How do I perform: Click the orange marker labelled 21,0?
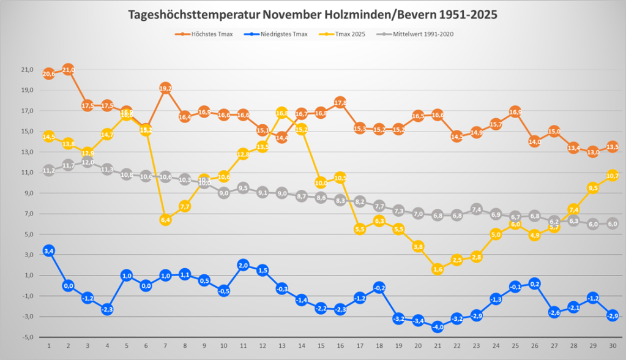(68, 70)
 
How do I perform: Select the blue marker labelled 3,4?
(49, 250)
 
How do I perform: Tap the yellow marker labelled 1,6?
(438, 269)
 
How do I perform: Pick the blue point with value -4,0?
(438, 327)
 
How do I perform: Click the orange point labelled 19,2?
(165, 88)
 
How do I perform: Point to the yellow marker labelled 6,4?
(165, 220)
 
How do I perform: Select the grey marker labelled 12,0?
(88, 162)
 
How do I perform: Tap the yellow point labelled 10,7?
(613, 176)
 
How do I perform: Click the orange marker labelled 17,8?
(340, 103)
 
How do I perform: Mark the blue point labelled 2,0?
(243, 265)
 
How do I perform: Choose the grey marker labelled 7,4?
(476, 209)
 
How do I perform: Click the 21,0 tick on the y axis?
(27, 70)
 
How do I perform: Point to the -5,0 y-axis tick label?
(27, 337)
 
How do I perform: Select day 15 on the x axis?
(321, 345)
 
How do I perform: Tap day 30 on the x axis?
(613, 345)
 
